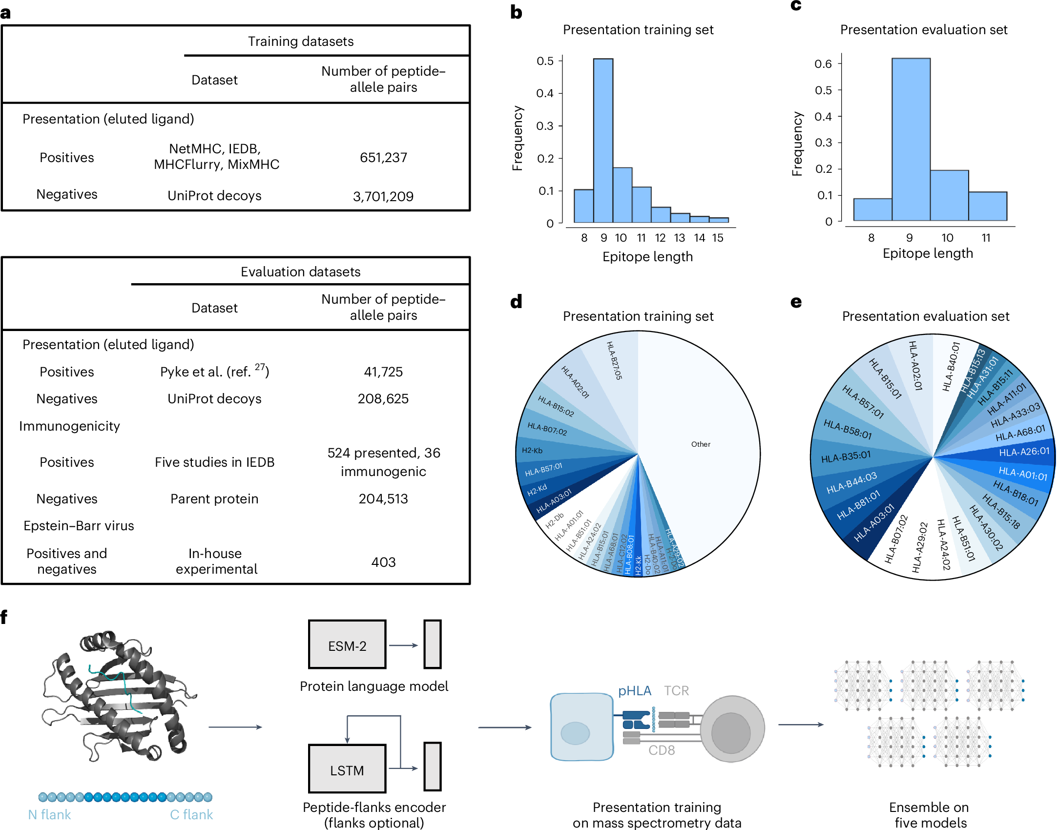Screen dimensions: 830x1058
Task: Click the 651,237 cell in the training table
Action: (383, 157)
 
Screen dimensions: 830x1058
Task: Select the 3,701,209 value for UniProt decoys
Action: (383, 196)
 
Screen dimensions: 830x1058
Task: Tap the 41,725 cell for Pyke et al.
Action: (383, 372)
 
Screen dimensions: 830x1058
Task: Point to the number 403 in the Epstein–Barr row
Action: (383, 562)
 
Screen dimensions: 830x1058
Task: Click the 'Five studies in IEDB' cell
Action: (214, 462)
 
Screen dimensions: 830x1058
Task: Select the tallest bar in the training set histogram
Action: (603, 142)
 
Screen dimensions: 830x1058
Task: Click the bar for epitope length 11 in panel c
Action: (987, 207)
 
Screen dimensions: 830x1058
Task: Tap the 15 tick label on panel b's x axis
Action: (717, 238)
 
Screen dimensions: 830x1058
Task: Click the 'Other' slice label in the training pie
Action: (701, 444)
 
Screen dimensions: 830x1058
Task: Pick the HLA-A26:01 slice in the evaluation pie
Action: (1023, 452)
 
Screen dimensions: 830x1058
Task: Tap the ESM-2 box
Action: (347, 645)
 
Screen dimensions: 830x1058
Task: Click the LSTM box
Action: (347, 770)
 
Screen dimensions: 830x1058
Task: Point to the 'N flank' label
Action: (49, 814)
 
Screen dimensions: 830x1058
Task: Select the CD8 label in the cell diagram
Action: (661, 750)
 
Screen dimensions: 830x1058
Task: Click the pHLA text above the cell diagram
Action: (634, 690)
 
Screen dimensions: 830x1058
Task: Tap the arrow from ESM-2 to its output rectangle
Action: (403, 645)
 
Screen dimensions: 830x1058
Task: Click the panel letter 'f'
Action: (4, 617)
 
